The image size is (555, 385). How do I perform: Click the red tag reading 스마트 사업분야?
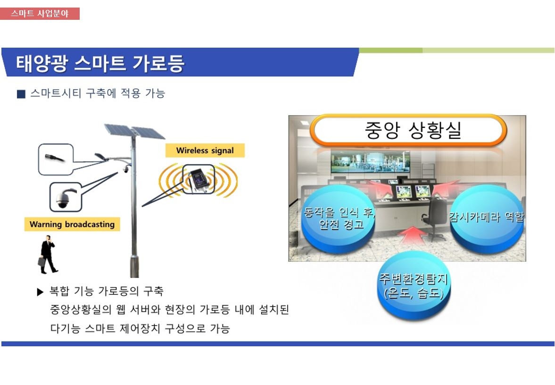[x=40, y=14]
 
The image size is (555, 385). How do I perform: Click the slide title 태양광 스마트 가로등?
[x=100, y=63]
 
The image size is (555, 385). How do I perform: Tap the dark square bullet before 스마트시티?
[x=21, y=94]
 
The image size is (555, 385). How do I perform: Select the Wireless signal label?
[x=205, y=151]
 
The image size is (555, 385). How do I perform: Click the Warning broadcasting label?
[x=72, y=224]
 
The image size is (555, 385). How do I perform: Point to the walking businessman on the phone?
[x=47, y=254]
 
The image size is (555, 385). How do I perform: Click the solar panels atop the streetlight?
[x=134, y=131]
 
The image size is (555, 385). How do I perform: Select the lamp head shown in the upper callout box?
[x=55, y=158]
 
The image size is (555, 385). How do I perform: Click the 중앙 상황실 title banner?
[x=408, y=130]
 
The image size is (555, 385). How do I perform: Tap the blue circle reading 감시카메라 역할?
[x=486, y=219]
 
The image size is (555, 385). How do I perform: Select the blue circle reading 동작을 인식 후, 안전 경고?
[x=339, y=219]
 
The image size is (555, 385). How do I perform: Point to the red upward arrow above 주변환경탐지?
[x=413, y=235]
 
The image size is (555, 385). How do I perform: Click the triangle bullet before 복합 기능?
[x=40, y=292]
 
